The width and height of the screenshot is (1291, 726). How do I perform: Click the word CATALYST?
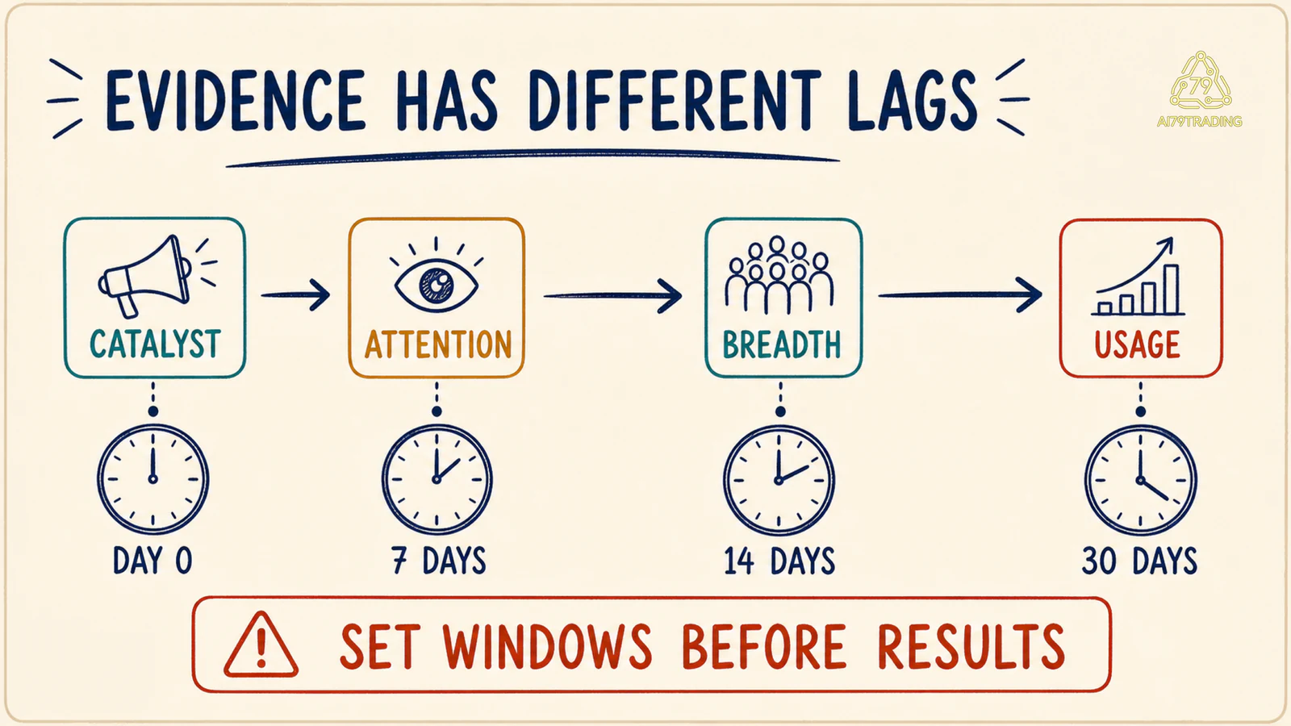tap(155, 344)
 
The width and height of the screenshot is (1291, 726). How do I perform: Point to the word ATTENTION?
tap(438, 344)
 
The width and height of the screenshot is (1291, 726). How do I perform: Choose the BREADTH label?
tap(782, 344)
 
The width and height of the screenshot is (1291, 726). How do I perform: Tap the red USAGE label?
tap(1137, 344)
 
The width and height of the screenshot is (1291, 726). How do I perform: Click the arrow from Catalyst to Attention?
tap(295, 295)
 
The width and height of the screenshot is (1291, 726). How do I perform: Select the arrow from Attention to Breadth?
tap(612, 295)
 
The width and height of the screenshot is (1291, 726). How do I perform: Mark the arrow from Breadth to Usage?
tap(959, 295)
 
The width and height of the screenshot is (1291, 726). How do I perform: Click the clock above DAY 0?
tap(152, 479)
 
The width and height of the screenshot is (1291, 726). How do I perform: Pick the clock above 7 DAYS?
tap(437, 479)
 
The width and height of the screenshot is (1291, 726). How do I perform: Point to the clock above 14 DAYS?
tap(779, 479)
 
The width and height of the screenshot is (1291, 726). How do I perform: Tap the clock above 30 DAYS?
tap(1141, 479)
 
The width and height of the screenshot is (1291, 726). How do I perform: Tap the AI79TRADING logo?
tap(1200, 90)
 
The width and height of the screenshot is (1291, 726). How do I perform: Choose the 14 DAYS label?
tap(779, 561)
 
